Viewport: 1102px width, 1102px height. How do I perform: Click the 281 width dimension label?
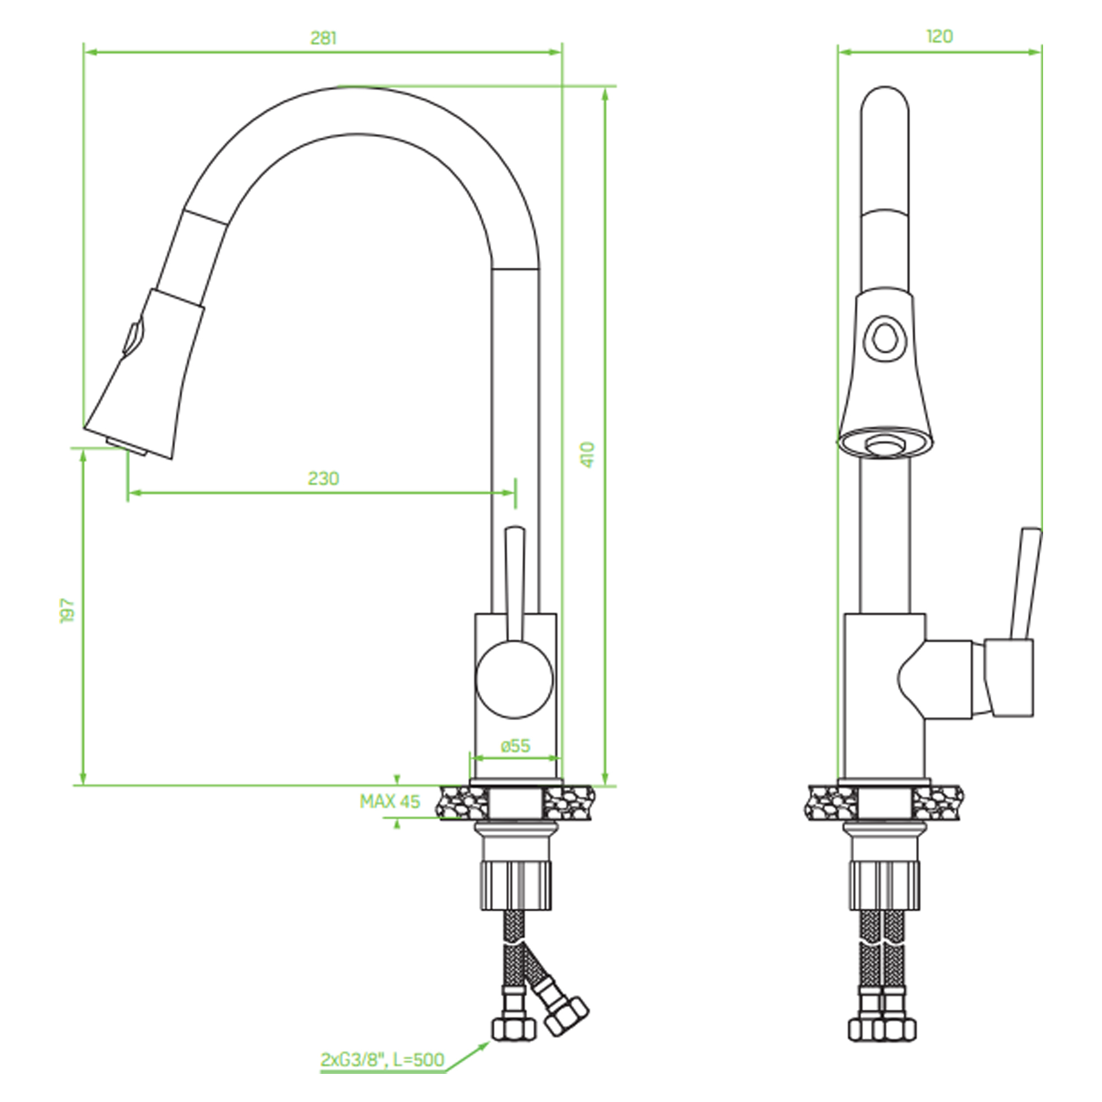[323, 38]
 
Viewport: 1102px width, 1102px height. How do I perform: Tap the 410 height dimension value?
[588, 455]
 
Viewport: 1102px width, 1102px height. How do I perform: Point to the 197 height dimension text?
[68, 611]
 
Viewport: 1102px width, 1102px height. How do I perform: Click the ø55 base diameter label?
[516, 746]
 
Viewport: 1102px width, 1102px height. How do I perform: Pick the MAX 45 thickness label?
[390, 801]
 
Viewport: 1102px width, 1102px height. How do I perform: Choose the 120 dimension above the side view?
[939, 36]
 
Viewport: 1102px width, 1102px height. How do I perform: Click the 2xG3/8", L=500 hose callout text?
[382, 1060]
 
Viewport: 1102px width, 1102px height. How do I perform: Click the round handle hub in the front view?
[515, 679]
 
